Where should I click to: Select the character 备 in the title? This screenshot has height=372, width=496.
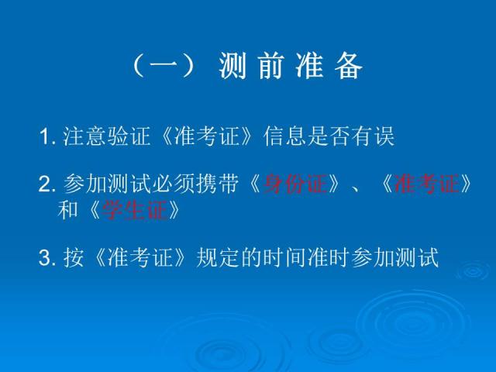click(349, 68)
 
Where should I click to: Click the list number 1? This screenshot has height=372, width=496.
click(45, 138)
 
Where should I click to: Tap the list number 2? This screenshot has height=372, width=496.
click(45, 185)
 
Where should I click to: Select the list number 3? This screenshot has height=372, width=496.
click(45, 257)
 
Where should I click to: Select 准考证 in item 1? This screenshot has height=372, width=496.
click(204, 138)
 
